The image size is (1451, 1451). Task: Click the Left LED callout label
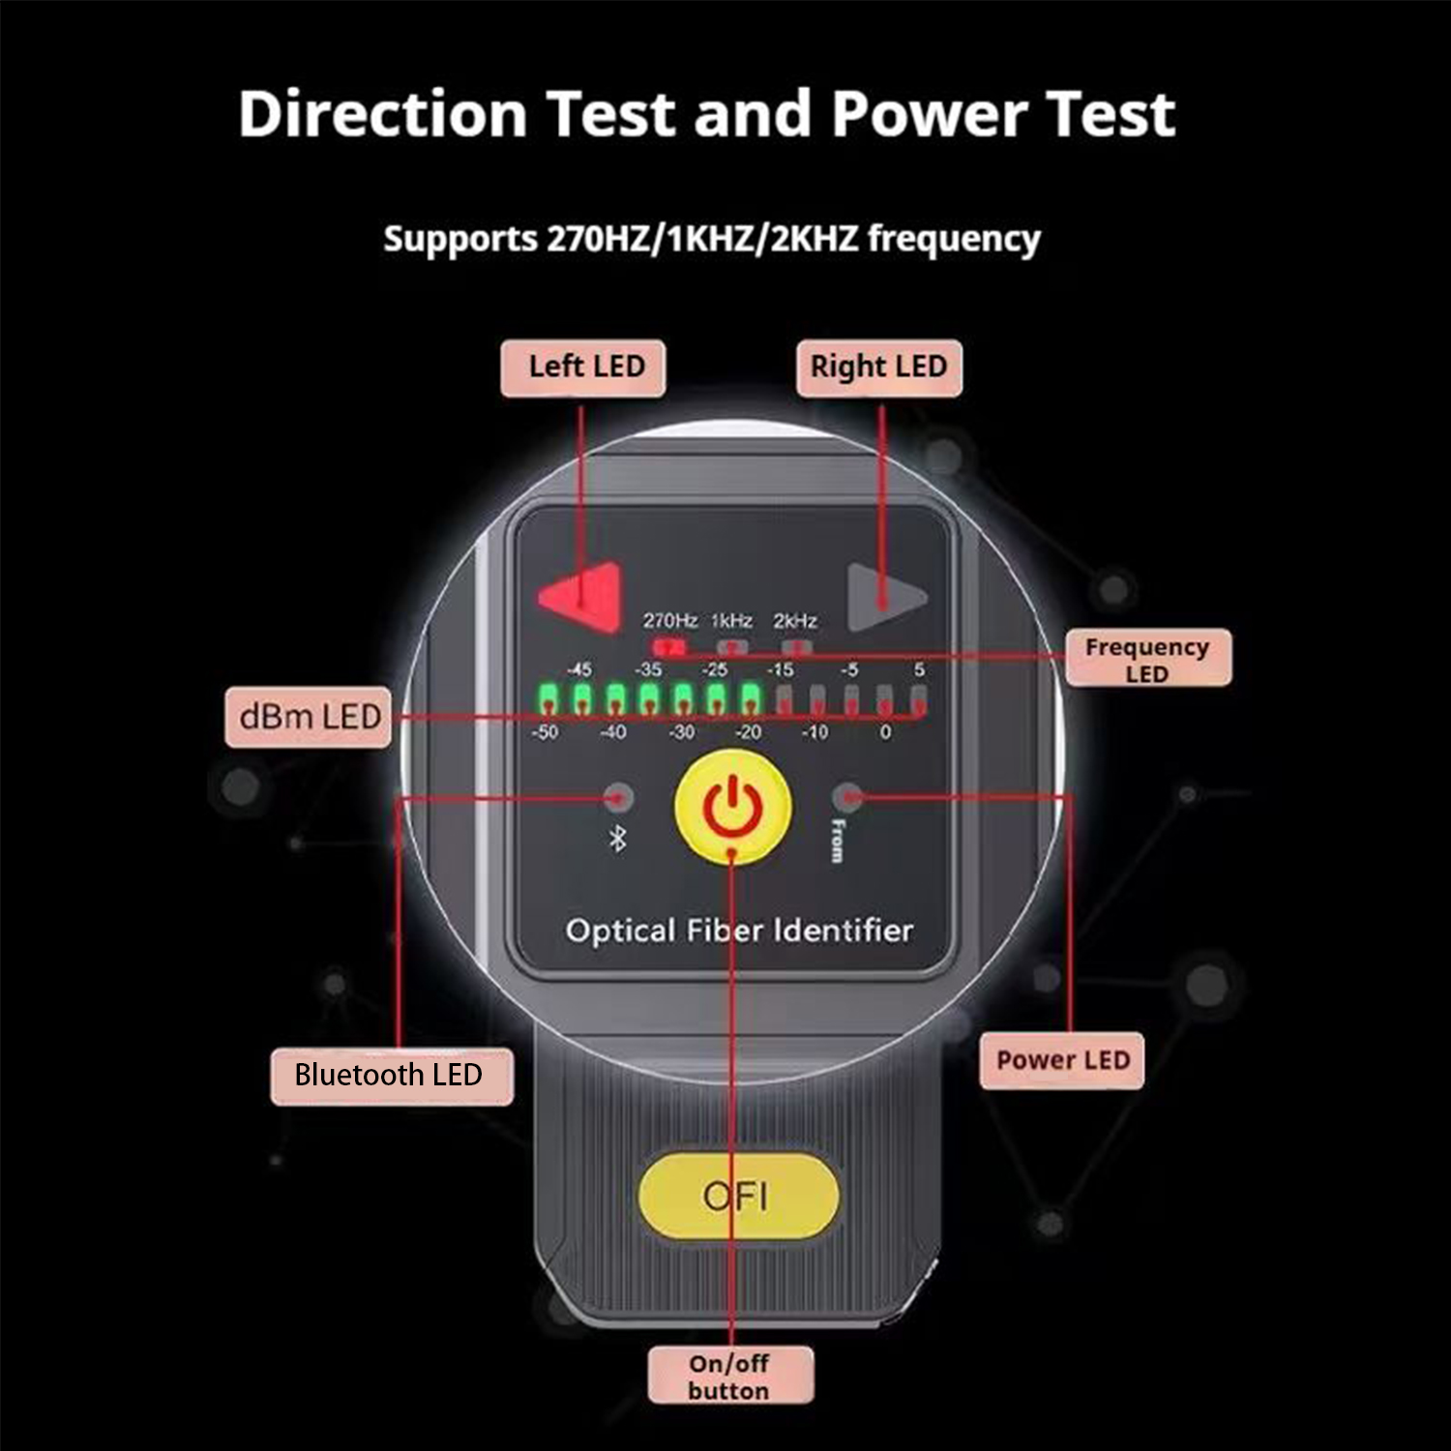click(x=583, y=368)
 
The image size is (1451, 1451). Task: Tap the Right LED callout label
click(x=879, y=368)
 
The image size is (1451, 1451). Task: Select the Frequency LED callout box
click(x=1148, y=659)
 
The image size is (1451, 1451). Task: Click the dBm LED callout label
click(x=309, y=717)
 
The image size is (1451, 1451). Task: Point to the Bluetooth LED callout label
click(x=391, y=1076)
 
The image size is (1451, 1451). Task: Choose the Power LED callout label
click(x=1062, y=1060)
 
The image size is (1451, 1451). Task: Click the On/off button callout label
click(x=730, y=1376)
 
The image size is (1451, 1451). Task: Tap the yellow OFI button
click(x=737, y=1196)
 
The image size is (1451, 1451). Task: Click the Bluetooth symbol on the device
click(x=617, y=839)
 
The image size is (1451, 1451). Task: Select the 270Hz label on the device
click(x=670, y=620)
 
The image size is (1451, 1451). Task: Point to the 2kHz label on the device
click(x=795, y=620)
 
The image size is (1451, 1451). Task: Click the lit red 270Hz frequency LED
click(x=668, y=645)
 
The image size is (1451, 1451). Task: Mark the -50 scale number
click(x=545, y=732)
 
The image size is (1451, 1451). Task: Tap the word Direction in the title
click(x=383, y=114)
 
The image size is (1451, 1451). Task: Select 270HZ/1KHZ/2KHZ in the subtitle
click(x=702, y=238)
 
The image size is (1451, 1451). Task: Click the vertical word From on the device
click(x=838, y=840)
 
